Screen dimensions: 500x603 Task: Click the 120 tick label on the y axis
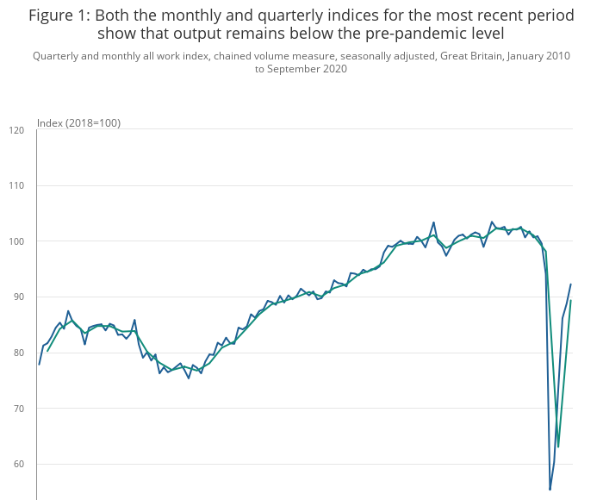click(x=16, y=130)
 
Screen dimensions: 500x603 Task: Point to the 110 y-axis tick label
click(x=16, y=185)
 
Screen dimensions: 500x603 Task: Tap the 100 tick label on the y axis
click(x=16, y=241)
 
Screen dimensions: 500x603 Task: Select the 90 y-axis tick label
click(x=19, y=297)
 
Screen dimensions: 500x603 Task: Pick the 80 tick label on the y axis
click(x=19, y=353)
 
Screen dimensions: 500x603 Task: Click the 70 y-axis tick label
click(x=19, y=408)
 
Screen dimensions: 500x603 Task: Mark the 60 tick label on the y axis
click(x=19, y=464)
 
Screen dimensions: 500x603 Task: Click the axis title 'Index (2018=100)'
click(x=78, y=123)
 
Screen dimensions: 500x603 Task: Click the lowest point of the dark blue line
click(x=550, y=490)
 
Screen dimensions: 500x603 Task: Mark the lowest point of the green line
click(x=558, y=447)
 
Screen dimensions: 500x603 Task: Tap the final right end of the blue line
click(x=570, y=284)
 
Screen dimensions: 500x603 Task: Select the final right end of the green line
click(x=570, y=301)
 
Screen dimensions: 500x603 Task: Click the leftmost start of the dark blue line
click(x=39, y=364)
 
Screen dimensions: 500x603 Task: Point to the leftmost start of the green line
click(x=47, y=351)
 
